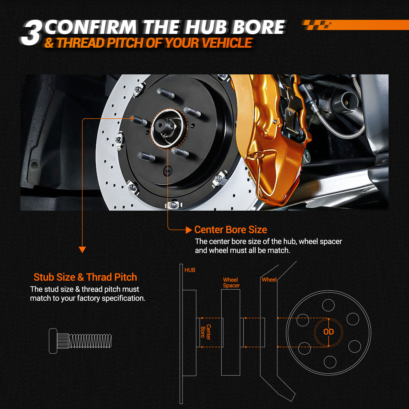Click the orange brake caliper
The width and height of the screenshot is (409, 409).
point(271,138)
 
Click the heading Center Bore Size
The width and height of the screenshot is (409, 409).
point(231,230)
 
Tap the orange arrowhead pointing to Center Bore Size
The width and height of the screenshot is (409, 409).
point(189,230)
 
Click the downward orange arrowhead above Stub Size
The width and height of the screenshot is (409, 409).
point(82,249)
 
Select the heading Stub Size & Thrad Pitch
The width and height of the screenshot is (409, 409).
point(85,277)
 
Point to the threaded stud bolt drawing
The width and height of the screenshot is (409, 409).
point(80,341)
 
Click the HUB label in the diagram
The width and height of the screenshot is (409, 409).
point(190,270)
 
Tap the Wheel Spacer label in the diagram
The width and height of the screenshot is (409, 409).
point(231,282)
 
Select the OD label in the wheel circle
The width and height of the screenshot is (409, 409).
point(328,332)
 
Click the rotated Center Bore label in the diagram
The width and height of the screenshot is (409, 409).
point(206,332)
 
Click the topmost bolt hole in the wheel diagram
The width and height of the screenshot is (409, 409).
point(328,305)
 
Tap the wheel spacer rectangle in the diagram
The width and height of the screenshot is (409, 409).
point(231,332)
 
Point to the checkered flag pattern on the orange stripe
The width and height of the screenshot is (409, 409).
point(317,25)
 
